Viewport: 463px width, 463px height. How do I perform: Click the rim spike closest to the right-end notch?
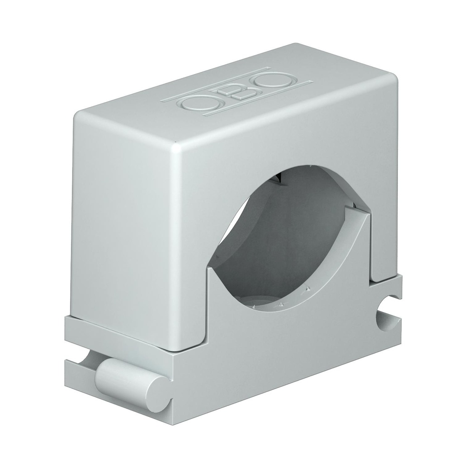(x=307, y=288)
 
